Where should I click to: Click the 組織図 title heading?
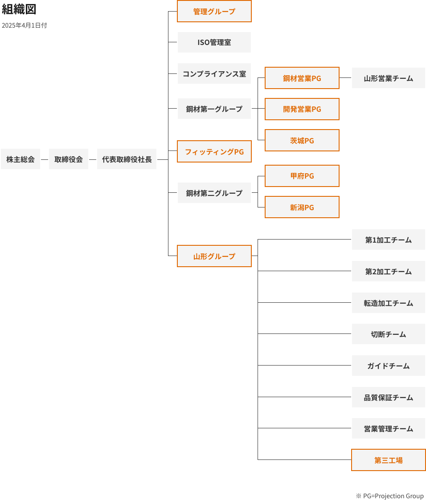[x=19, y=10]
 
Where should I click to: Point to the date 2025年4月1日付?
[x=24, y=26]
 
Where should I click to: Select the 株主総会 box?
[x=20, y=159]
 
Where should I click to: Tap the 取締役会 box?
[x=69, y=159]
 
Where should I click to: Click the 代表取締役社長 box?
[x=127, y=159]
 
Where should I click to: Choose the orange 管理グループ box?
[x=214, y=12]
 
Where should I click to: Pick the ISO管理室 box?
[x=214, y=43]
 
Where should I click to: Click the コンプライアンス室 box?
[x=214, y=74]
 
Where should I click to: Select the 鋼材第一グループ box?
[x=214, y=109]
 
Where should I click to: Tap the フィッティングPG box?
[x=214, y=152]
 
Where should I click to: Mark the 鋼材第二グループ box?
[x=214, y=193]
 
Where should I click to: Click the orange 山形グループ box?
[x=214, y=256]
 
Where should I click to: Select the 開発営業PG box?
[x=302, y=110]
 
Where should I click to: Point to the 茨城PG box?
[x=302, y=141]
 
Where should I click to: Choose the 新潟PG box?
[x=302, y=207]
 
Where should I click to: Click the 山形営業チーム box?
[x=389, y=78]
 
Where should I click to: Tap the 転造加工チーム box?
[x=389, y=303]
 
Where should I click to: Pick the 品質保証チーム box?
[x=389, y=398]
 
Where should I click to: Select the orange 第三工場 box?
[x=389, y=460]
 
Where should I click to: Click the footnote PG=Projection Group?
[x=390, y=496]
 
